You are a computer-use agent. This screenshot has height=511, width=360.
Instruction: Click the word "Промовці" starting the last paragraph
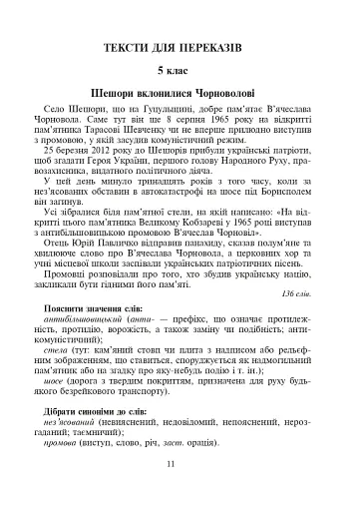[x=69, y=271]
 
